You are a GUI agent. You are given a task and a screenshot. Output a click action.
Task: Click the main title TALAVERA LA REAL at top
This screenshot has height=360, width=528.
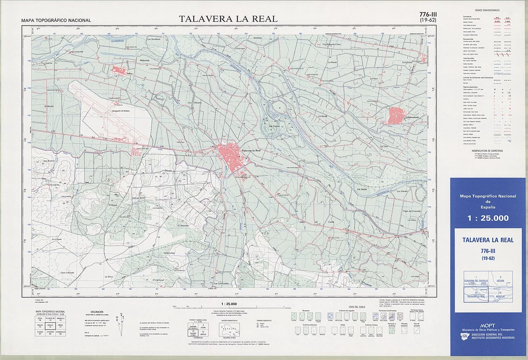coord(228,19)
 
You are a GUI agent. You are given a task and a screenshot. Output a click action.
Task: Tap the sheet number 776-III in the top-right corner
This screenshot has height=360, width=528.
coord(428,14)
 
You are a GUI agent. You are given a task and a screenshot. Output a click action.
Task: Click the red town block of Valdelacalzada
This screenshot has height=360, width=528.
coord(396,115)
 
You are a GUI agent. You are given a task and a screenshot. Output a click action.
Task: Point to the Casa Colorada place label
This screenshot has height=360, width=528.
coord(67,272)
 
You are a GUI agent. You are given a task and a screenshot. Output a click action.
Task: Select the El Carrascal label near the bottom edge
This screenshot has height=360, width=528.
coord(158,279)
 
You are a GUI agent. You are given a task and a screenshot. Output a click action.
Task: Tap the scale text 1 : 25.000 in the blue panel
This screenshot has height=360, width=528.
coord(488,218)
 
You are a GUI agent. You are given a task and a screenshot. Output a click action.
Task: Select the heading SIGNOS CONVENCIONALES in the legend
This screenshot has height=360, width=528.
coord(487,10)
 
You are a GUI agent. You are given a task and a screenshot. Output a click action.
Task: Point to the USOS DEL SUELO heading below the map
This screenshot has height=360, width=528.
coord(357,306)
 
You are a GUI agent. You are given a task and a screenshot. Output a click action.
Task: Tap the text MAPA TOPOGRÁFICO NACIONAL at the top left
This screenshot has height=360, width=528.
coord(56,20)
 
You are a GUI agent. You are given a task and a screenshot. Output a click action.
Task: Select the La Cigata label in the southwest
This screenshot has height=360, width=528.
coord(57,239)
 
